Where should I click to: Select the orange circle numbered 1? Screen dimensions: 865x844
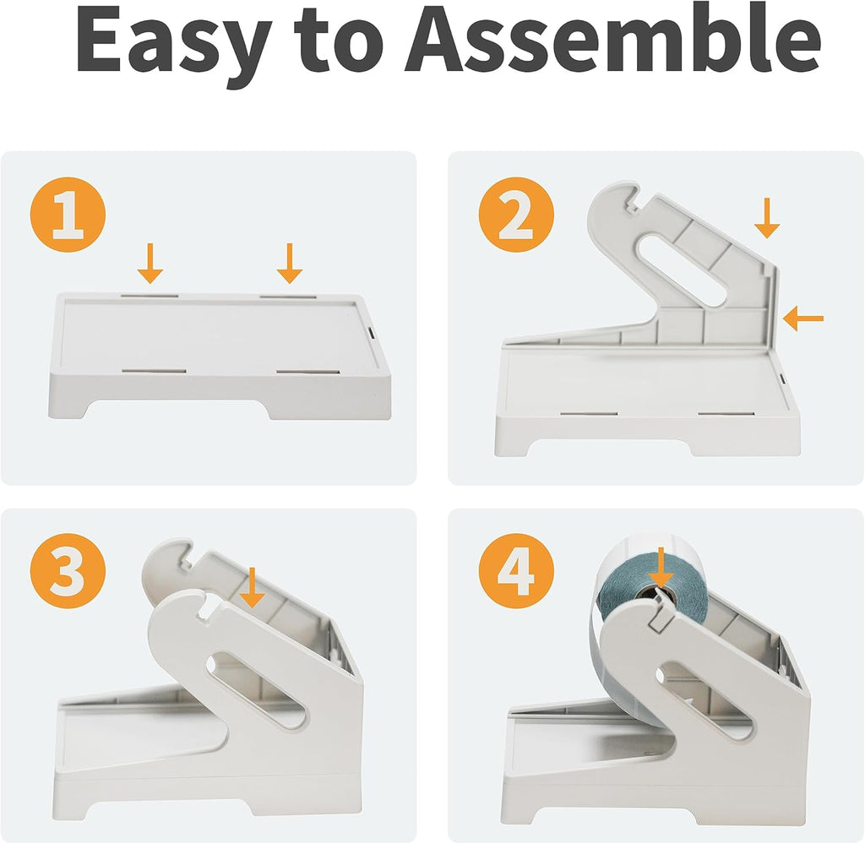[x=68, y=215]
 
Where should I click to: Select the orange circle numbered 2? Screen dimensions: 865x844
[x=516, y=215]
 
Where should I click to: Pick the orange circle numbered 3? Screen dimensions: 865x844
[x=68, y=571]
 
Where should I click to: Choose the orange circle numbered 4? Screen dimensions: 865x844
[x=516, y=571]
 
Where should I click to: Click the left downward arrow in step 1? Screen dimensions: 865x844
[x=150, y=263]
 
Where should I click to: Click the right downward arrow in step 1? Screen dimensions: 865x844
[x=290, y=263]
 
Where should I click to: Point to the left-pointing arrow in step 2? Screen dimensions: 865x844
[x=802, y=319]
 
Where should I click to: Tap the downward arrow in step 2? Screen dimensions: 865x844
[x=767, y=219]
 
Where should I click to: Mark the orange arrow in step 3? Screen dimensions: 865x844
[x=252, y=587]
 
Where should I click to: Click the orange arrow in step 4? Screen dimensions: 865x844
[x=661, y=569]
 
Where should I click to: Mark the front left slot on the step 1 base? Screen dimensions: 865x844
[x=154, y=371]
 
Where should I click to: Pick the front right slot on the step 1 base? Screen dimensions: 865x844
[x=307, y=373]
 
